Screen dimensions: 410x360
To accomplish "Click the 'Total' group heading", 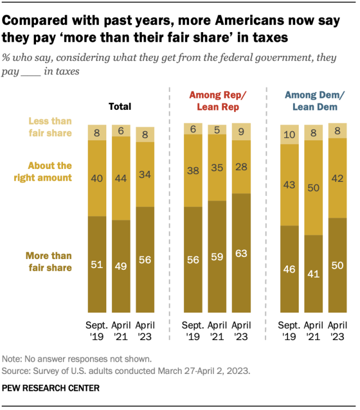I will pyautogui.click(x=120, y=106).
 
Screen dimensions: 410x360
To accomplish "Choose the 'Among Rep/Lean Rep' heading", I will pyautogui.click(x=217, y=101).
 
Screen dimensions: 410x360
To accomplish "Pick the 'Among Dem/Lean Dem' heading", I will pyautogui.click(x=313, y=101).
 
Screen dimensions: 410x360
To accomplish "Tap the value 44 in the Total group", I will pyautogui.click(x=121, y=179).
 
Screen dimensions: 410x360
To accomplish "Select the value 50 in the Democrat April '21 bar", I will pyautogui.click(x=313, y=188).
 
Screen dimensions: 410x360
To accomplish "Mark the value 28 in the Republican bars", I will pyautogui.click(x=241, y=167).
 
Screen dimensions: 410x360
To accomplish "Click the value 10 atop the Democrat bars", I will pyautogui.click(x=289, y=134).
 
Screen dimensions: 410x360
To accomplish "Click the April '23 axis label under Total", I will pyautogui.click(x=145, y=332).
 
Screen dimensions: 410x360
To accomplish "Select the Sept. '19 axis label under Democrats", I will pyautogui.click(x=289, y=332).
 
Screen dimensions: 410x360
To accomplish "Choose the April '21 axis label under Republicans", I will pyautogui.click(x=217, y=332).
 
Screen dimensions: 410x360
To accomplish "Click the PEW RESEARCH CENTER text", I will pyautogui.click(x=51, y=389).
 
